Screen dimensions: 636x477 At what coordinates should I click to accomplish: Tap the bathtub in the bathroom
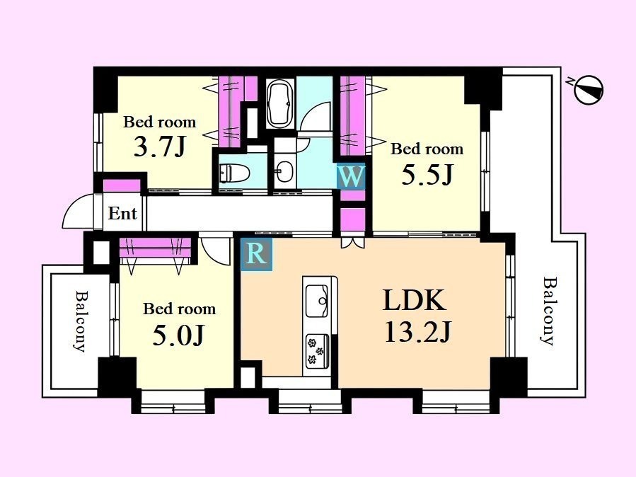point(280,103)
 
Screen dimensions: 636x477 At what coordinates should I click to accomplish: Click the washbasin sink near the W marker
point(285,171)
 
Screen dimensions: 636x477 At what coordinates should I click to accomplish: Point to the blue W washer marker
point(351,177)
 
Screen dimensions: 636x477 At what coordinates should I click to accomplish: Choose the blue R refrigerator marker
point(257,255)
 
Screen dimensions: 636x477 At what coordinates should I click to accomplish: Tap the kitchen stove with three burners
point(317,351)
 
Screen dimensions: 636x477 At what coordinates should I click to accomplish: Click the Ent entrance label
point(122,213)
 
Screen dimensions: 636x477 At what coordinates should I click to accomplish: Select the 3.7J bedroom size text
point(159,146)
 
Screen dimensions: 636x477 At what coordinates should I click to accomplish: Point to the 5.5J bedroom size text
point(427,175)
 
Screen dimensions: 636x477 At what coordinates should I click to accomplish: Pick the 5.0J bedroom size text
point(178,336)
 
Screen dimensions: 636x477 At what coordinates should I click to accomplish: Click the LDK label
point(415,300)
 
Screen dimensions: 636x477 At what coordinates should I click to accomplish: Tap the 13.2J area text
point(418,333)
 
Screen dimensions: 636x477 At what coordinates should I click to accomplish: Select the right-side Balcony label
point(548,311)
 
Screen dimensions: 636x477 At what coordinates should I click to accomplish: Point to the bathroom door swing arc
point(315,116)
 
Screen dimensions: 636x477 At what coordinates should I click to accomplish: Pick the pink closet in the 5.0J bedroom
point(156,248)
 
